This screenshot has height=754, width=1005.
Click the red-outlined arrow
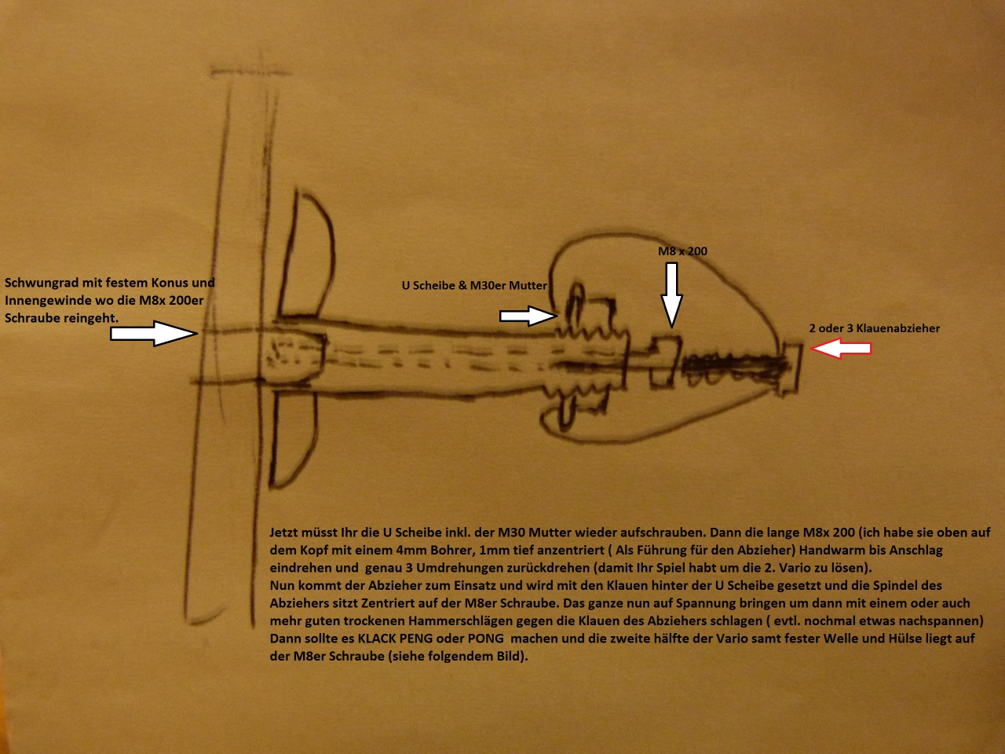(840, 349)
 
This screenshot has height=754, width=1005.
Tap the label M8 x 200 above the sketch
(682, 251)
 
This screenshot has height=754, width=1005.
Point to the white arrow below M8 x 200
(671, 295)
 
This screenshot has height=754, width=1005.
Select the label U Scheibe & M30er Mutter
(474, 285)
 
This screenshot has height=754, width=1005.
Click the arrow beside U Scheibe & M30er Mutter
(528, 316)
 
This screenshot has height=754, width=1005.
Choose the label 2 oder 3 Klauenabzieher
(874, 328)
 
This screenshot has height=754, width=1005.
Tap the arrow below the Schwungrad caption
(154, 333)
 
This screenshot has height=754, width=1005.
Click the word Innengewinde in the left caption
(47, 300)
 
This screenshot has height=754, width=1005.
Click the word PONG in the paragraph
(485, 639)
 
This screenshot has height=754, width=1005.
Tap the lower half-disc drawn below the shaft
(293, 437)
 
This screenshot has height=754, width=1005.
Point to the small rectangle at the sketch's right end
(790, 369)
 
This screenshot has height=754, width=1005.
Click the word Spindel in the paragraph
(894, 586)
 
